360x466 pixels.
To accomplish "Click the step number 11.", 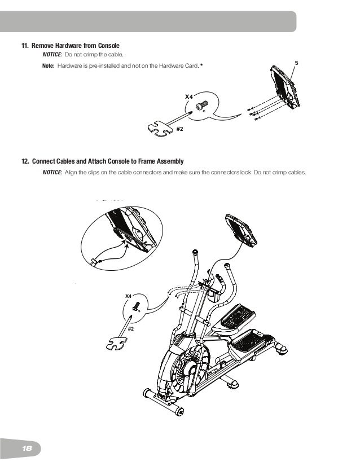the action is point(24,45).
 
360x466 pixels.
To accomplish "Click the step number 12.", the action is point(24,162).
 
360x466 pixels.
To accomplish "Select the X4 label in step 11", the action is point(189,97).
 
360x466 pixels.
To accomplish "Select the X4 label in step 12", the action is point(128,296).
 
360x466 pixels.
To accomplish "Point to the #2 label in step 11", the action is point(181,129).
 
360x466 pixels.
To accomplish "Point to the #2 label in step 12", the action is point(130,328).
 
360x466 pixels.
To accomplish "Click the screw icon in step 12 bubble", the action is point(136,307).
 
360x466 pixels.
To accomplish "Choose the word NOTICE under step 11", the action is point(52,55).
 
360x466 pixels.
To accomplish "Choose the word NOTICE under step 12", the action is point(52,172).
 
